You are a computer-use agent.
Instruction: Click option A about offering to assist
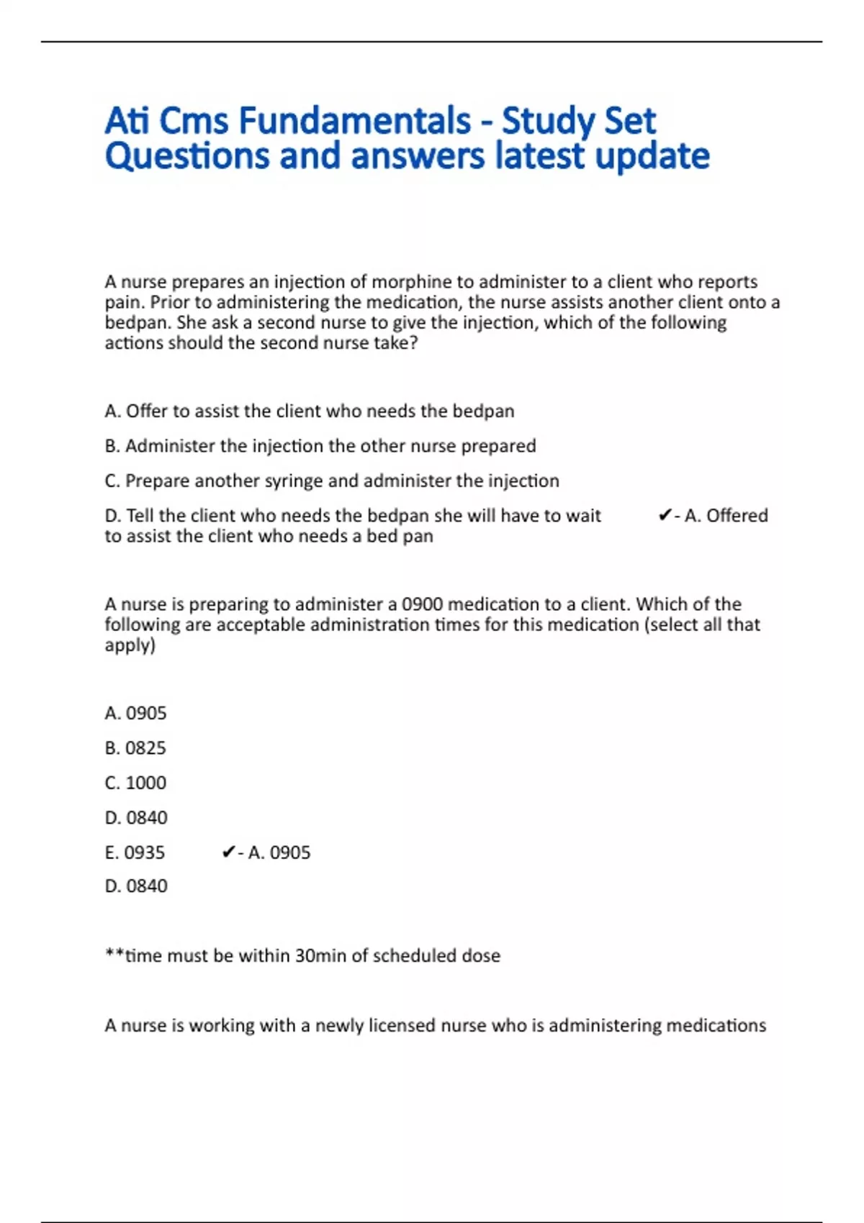309,411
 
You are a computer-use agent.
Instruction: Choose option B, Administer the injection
320,446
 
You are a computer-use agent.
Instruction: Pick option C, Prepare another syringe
331,481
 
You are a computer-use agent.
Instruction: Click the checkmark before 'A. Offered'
665,516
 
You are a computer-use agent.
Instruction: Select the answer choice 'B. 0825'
135,748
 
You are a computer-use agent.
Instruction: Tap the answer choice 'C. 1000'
135,783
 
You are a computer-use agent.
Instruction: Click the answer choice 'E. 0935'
135,853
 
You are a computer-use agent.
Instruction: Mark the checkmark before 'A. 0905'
228,853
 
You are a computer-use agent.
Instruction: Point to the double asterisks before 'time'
114,955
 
